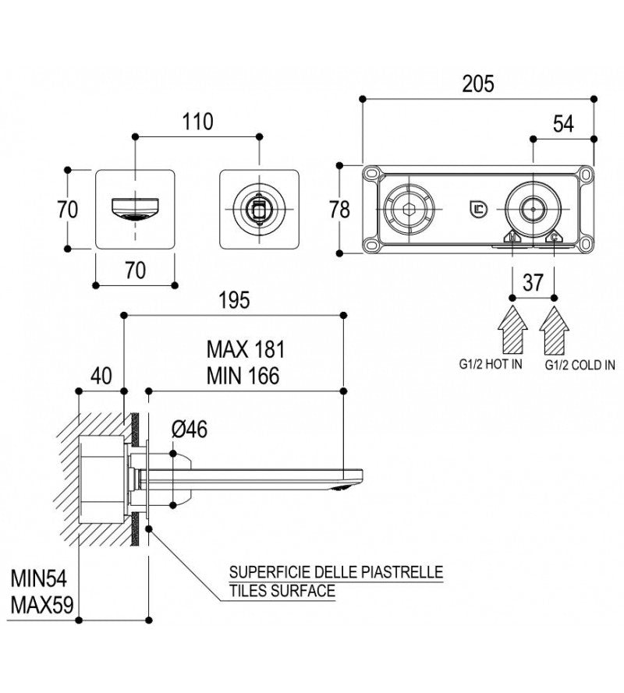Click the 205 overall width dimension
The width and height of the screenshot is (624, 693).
pyautogui.click(x=477, y=83)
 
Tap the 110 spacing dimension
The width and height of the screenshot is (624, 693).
pyautogui.click(x=198, y=122)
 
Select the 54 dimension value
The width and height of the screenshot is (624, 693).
pyautogui.click(x=563, y=123)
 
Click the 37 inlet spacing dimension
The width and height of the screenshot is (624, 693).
pyautogui.click(x=533, y=283)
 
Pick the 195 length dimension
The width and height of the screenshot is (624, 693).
pyautogui.click(x=234, y=301)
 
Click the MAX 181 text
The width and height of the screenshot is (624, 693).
pyautogui.click(x=246, y=348)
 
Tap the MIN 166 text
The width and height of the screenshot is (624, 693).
pyautogui.click(x=243, y=375)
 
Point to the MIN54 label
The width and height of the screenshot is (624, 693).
pyautogui.click(x=40, y=579)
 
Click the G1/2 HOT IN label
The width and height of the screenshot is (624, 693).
pyautogui.click(x=492, y=365)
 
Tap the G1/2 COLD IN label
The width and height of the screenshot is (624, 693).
pyautogui.click(x=574, y=365)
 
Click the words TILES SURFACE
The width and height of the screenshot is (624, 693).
pyautogui.click(x=282, y=591)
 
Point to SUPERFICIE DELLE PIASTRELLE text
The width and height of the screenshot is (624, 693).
pyautogui.click(x=335, y=573)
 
